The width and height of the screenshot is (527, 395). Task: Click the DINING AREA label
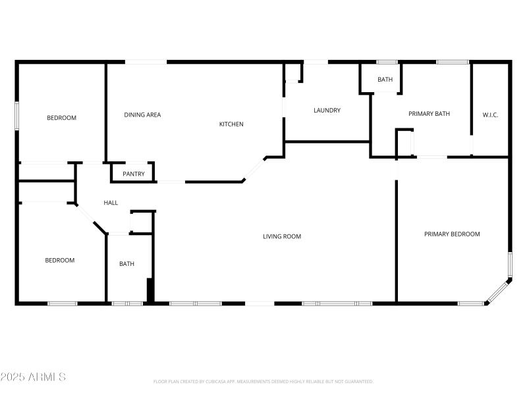click(142, 115)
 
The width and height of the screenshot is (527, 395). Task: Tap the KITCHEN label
click(231, 124)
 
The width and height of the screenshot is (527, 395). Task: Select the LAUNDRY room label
click(327, 110)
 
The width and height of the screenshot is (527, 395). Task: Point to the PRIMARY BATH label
click(429, 114)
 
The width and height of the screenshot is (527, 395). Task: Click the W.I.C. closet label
click(490, 115)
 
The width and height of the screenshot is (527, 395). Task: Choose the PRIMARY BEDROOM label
click(452, 234)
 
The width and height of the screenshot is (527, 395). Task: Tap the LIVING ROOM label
click(282, 236)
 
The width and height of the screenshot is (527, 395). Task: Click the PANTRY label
click(133, 174)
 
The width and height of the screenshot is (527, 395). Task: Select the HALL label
click(111, 203)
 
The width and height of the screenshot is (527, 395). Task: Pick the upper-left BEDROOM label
click(61, 118)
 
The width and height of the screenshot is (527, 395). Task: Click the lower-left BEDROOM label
click(59, 260)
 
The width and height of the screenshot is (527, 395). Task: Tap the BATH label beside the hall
click(126, 264)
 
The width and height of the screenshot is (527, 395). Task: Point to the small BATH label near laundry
click(385, 80)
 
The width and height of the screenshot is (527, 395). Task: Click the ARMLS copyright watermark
click(33, 377)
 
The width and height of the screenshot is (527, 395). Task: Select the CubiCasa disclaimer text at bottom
click(263, 381)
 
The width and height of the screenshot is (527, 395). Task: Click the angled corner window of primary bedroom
click(498, 292)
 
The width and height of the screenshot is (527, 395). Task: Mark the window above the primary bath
click(453, 62)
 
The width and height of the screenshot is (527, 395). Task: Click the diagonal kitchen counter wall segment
click(254, 169)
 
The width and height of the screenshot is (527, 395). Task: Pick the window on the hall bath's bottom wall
click(127, 303)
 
